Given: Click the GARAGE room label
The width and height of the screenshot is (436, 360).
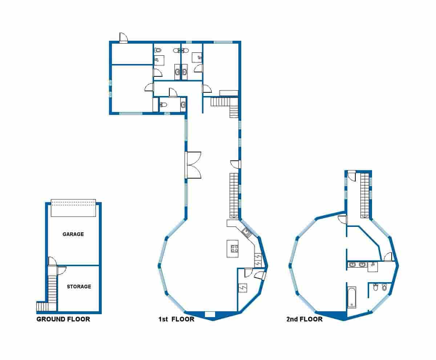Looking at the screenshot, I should pos(73,234).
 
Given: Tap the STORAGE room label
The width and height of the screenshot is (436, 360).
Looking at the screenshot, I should pos(79,287).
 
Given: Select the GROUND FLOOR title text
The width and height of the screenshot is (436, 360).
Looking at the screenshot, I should pos(63,319).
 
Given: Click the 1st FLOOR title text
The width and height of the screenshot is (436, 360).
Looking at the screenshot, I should pos(176,319).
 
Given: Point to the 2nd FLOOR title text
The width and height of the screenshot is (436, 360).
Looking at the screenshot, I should pos(304,319).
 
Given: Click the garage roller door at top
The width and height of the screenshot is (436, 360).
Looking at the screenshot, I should pos(73,208).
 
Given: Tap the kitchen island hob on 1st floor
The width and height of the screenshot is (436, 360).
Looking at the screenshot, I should pos(235,249).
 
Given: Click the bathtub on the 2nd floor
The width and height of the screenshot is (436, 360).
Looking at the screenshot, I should pos(351,297).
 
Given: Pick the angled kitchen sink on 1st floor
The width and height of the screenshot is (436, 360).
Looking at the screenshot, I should pos(246,232).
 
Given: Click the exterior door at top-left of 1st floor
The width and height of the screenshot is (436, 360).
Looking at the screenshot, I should pos(124,38).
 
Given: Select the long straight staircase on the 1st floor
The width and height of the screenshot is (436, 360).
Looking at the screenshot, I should pos(233,195).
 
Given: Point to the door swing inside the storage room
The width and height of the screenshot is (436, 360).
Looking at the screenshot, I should pos(61,270).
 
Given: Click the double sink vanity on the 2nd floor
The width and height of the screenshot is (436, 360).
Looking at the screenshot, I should pos(357,265).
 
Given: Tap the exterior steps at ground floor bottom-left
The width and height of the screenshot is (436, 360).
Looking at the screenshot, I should pos(42,307).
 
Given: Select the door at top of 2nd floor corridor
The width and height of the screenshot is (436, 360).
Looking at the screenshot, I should pos(352,175).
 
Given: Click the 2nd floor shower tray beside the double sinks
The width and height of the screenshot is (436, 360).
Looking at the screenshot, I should pos(373,267).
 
